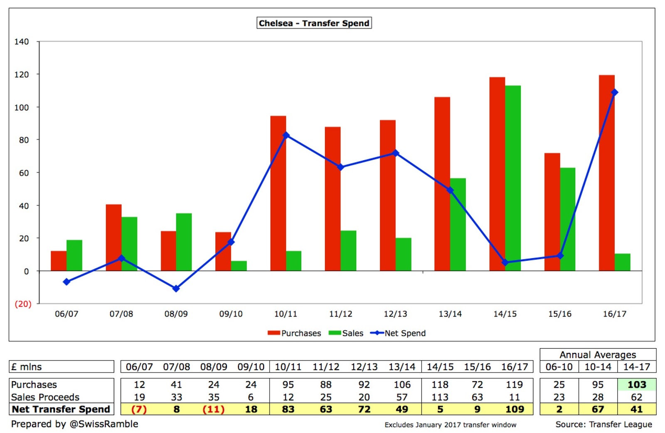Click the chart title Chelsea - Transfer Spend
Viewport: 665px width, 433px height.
[314, 23]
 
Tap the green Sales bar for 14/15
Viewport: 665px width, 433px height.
[512, 179]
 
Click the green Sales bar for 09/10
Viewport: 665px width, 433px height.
[239, 266]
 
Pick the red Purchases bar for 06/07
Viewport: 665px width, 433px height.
[59, 261]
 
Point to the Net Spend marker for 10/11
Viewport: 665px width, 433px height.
[286, 135]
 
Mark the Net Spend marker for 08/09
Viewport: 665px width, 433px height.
[176, 288]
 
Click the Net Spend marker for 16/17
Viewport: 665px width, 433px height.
[614, 92]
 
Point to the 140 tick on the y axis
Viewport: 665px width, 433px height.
[22, 42]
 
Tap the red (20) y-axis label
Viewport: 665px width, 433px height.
[23, 304]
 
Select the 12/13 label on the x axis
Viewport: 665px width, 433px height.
[395, 314]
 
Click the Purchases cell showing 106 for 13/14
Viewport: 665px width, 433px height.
[402, 385]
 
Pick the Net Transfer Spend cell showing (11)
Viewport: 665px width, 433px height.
[214, 409]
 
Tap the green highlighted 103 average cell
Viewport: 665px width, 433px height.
[637, 385]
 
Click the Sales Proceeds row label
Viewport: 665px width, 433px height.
[45, 397]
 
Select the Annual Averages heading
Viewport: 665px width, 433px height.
[598, 355]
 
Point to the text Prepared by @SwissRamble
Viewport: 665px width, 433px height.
[75, 424]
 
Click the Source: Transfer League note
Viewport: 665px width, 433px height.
[603, 424]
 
